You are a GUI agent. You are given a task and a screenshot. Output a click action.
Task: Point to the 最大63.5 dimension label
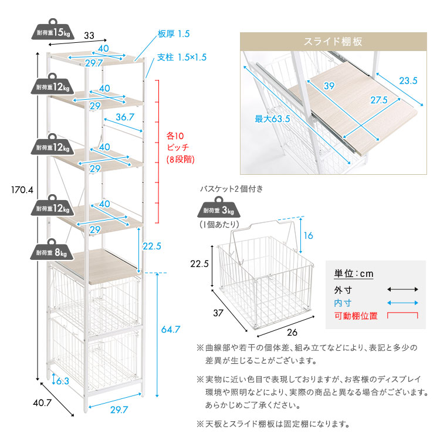pos(272,119)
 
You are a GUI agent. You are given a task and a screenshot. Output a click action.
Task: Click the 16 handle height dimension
pos(309,235)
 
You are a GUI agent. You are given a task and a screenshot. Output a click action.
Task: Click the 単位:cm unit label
pos(354,273)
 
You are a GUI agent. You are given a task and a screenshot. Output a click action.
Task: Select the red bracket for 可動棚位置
pos(402,316)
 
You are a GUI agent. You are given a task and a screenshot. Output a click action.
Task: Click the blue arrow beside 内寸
pos(402,303)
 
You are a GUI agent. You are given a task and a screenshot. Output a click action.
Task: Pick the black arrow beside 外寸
pos(402,289)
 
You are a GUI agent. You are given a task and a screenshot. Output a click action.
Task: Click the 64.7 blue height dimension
pos(171,330)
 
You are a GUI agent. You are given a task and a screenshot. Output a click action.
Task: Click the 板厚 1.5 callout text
pos(174,34)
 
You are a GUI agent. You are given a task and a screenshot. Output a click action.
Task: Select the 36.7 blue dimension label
pos(125,117)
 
